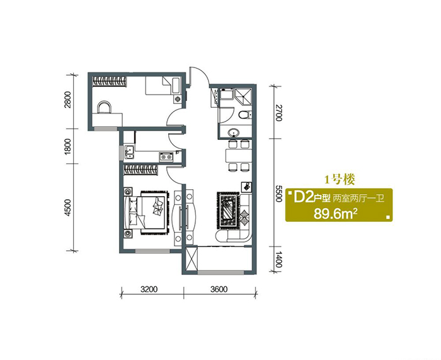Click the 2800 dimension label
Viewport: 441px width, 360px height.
point(67,100)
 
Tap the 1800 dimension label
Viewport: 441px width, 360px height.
point(67,146)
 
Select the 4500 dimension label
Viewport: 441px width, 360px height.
point(67,207)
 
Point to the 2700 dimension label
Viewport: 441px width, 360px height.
point(278,113)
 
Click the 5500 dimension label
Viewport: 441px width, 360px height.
point(278,193)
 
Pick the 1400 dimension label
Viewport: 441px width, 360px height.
point(278,260)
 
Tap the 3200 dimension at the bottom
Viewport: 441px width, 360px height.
point(149,289)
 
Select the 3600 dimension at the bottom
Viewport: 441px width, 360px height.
point(219,289)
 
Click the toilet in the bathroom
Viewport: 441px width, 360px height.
point(244,115)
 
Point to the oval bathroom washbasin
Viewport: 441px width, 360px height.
point(234,132)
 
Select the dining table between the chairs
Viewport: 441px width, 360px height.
point(238,155)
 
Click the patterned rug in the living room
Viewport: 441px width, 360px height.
point(228,210)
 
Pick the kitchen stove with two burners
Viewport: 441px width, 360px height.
point(166,156)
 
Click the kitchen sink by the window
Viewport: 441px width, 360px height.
point(129,153)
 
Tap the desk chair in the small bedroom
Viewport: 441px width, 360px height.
point(104,107)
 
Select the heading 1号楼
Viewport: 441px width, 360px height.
point(340,180)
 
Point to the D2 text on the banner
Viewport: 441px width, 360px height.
point(303,197)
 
